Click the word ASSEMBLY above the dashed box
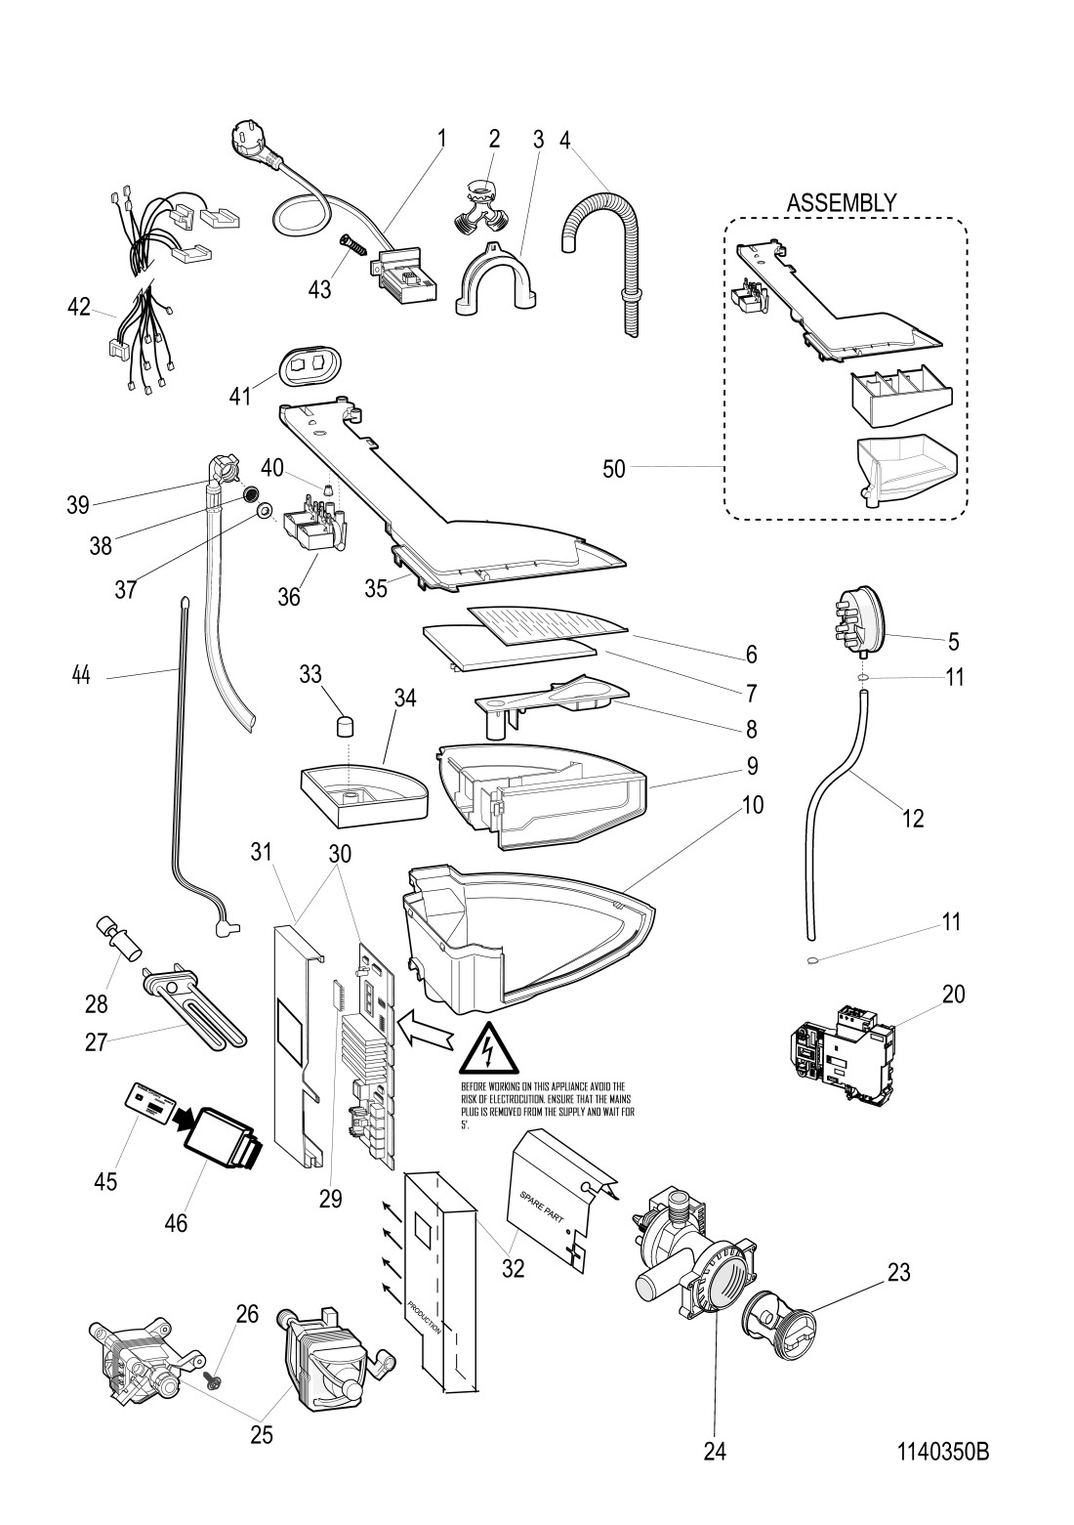[842, 203]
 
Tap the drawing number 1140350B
[943, 1452]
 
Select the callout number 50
[613, 469]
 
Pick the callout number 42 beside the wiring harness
[79, 308]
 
